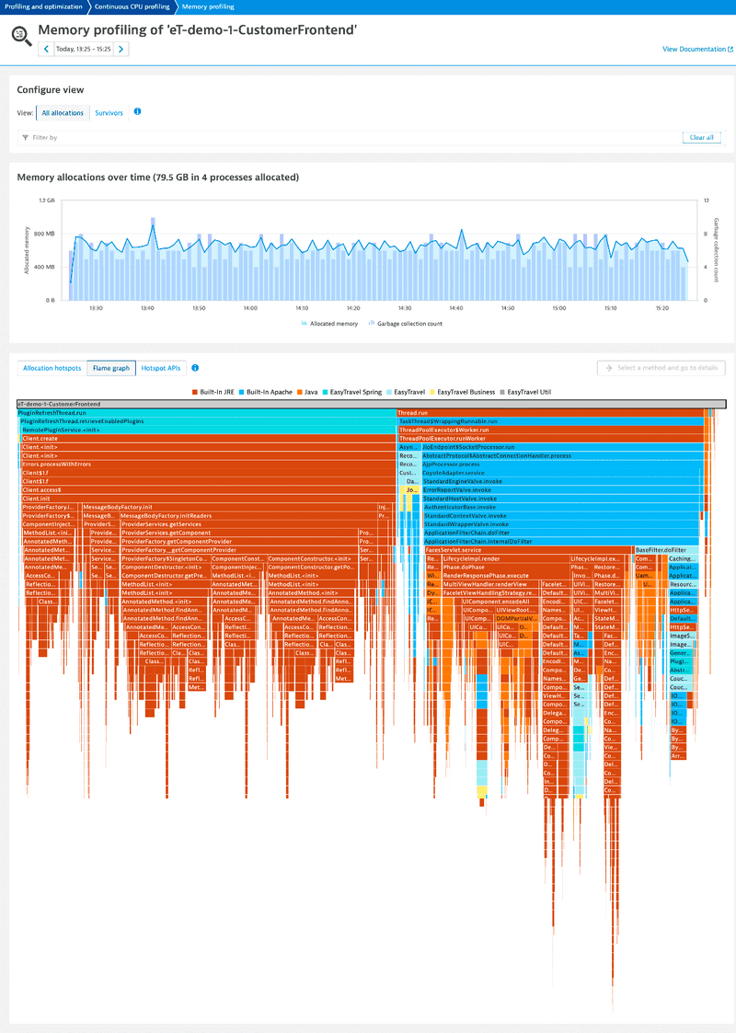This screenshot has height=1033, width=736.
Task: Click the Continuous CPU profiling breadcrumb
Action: point(131,6)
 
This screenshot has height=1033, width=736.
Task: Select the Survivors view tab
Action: point(109,113)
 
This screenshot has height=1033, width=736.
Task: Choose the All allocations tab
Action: point(63,113)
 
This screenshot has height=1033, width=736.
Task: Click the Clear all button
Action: point(701,137)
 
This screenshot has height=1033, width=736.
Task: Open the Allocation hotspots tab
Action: point(52,368)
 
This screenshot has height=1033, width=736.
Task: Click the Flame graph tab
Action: point(110,368)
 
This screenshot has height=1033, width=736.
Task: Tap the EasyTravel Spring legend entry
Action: point(355,392)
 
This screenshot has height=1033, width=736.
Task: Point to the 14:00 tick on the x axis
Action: point(250,308)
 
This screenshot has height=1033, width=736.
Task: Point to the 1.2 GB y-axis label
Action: point(46,200)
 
